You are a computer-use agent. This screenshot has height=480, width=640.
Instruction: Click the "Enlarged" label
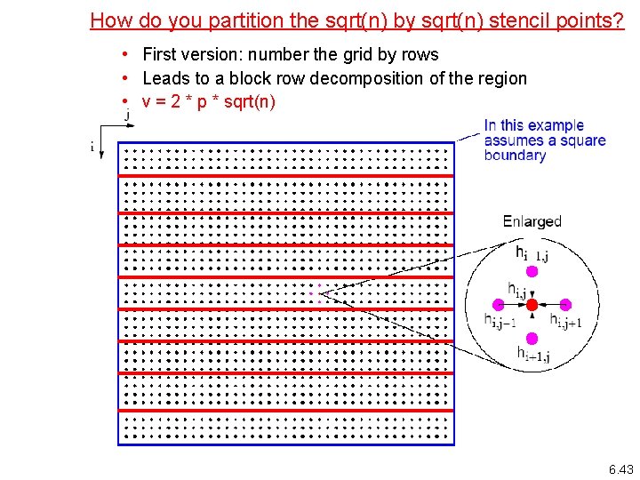(532, 221)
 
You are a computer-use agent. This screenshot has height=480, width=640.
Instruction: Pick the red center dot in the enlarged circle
(532, 305)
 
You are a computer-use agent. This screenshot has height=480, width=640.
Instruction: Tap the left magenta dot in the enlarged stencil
(499, 305)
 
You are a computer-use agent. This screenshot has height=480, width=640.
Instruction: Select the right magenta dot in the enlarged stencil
(564, 305)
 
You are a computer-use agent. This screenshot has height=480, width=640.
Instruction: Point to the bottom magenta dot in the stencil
(532, 338)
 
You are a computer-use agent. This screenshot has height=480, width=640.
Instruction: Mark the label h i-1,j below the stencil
(533, 355)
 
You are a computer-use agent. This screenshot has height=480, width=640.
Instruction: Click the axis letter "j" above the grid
(127, 115)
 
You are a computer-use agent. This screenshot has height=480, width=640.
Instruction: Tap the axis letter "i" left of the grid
(92, 147)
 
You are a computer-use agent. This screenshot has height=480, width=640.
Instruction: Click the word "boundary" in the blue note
(515, 156)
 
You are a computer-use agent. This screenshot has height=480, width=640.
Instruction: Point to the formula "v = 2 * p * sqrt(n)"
(209, 101)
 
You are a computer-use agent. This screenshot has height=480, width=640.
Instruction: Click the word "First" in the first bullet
(160, 54)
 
